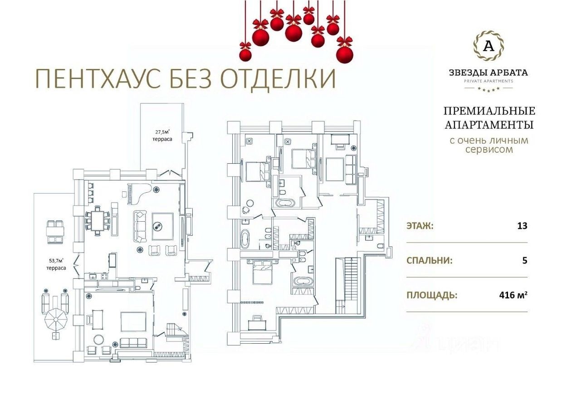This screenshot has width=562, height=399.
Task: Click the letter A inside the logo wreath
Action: click(x=488, y=46)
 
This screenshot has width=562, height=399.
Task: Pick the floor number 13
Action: click(x=522, y=226)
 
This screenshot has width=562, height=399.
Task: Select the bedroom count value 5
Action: click(x=525, y=261)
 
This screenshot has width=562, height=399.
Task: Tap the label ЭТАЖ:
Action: click(x=420, y=226)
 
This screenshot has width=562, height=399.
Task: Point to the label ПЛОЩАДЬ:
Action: click(x=431, y=296)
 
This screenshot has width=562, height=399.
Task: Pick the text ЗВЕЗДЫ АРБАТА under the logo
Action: click(x=488, y=73)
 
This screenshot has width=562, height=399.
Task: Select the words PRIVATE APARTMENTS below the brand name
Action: click(x=488, y=81)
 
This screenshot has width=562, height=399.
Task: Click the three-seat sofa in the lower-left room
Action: click(x=133, y=343)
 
